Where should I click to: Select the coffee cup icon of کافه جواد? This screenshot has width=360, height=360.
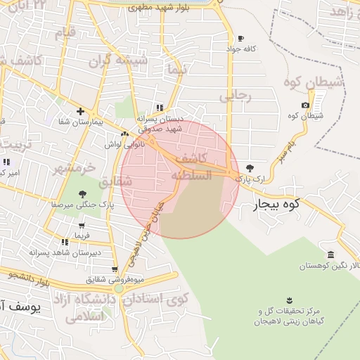pyautogui.click(x=241, y=39)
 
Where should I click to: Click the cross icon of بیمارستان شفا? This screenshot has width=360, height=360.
pyautogui.click(x=81, y=111)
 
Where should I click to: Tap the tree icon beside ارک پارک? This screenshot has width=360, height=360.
pyautogui.click(x=250, y=169)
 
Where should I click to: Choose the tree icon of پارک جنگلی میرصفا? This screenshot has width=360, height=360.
pyautogui.click(x=83, y=194)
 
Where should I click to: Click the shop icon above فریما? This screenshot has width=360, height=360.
pyautogui.click(x=82, y=226)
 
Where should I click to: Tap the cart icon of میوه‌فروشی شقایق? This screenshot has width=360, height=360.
pyautogui.click(x=115, y=269)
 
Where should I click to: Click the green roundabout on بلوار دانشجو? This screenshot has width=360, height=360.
pyautogui.click(x=119, y=288)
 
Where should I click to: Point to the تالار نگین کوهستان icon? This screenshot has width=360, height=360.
pyautogui.click(x=330, y=255)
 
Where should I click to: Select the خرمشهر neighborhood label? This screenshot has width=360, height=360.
pyautogui.click(x=73, y=169)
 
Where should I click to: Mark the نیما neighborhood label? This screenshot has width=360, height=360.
pyautogui.click(x=173, y=69)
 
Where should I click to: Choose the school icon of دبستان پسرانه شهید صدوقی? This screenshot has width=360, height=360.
pyautogui.click(x=160, y=108)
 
